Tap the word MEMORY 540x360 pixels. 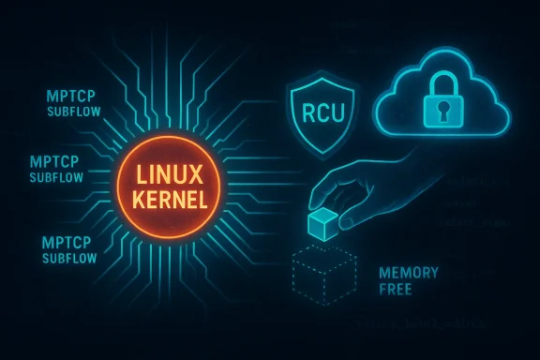pos(408,272)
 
